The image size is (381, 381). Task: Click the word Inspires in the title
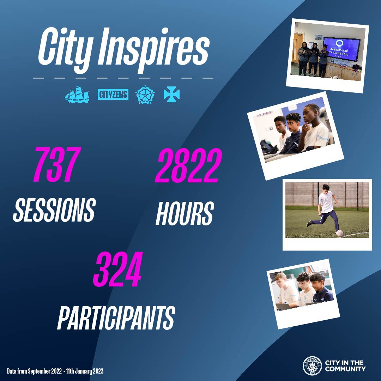(x=153, y=50)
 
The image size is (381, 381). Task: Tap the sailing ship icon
(x=77, y=94)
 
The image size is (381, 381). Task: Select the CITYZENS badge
(x=113, y=94)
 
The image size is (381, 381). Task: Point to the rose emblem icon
(x=145, y=94)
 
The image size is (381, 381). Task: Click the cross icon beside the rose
(x=171, y=94)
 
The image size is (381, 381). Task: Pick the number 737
(x=57, y=164)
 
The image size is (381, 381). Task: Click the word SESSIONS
(x=54, y=210)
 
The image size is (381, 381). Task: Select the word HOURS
(x=185, y=213)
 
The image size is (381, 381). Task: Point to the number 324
(x=118, y=269)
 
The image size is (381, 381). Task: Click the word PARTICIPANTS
(x=116, y=317)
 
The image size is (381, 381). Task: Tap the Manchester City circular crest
(x=312, y=366)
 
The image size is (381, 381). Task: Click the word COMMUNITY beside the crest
(x=345, y=369)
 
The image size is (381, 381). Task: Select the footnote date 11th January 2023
(x=85, y=371)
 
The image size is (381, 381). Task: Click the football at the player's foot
(x=339, y=233)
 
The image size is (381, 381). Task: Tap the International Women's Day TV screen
(x=341, y=49)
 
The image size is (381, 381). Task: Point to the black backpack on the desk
(x=269, y=147)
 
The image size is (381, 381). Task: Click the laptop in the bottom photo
(x=283, y=307)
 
